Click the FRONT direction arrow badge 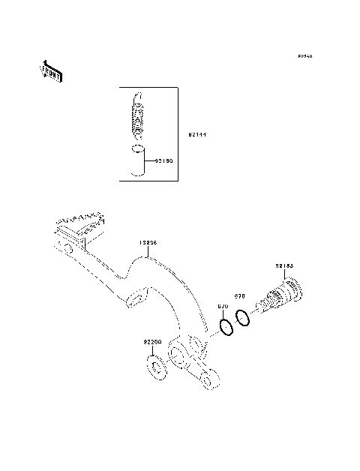pos(52,70)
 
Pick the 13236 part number pos(147,244)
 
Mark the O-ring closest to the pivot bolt pos(241,319)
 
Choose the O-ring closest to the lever pos(225,328)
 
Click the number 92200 pos(152,342)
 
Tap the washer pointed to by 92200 pos(156,368)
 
